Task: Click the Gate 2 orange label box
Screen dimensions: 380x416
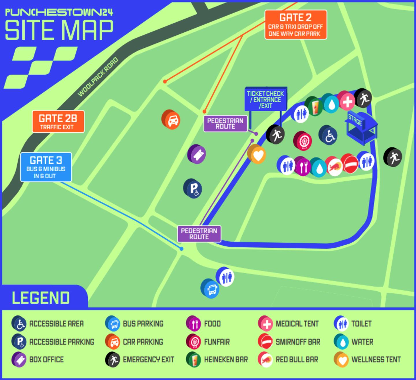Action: [x=296, y=25]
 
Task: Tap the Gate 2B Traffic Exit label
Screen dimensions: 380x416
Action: [x=58, y=122]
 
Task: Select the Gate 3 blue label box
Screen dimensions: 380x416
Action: [x=46, y=167]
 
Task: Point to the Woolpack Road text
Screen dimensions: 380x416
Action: [x=98, y=77]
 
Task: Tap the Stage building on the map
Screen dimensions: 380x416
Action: [x=361, y=127]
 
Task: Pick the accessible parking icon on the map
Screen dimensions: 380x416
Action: [x=193, y=188]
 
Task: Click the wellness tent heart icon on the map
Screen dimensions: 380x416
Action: [x=257, y=154]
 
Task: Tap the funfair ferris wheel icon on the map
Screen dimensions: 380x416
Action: [x=302, y=141]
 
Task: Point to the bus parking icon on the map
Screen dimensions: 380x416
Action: [x=210, y=288]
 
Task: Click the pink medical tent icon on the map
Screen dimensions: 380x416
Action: [x=347, y=101]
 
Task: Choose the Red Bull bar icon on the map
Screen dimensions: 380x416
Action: [x=334, y=166]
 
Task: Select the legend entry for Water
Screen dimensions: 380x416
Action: [x=354, y=342]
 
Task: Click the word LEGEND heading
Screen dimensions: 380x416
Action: [x=41, y=298]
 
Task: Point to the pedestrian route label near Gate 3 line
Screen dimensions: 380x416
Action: [x=199, y=234]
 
